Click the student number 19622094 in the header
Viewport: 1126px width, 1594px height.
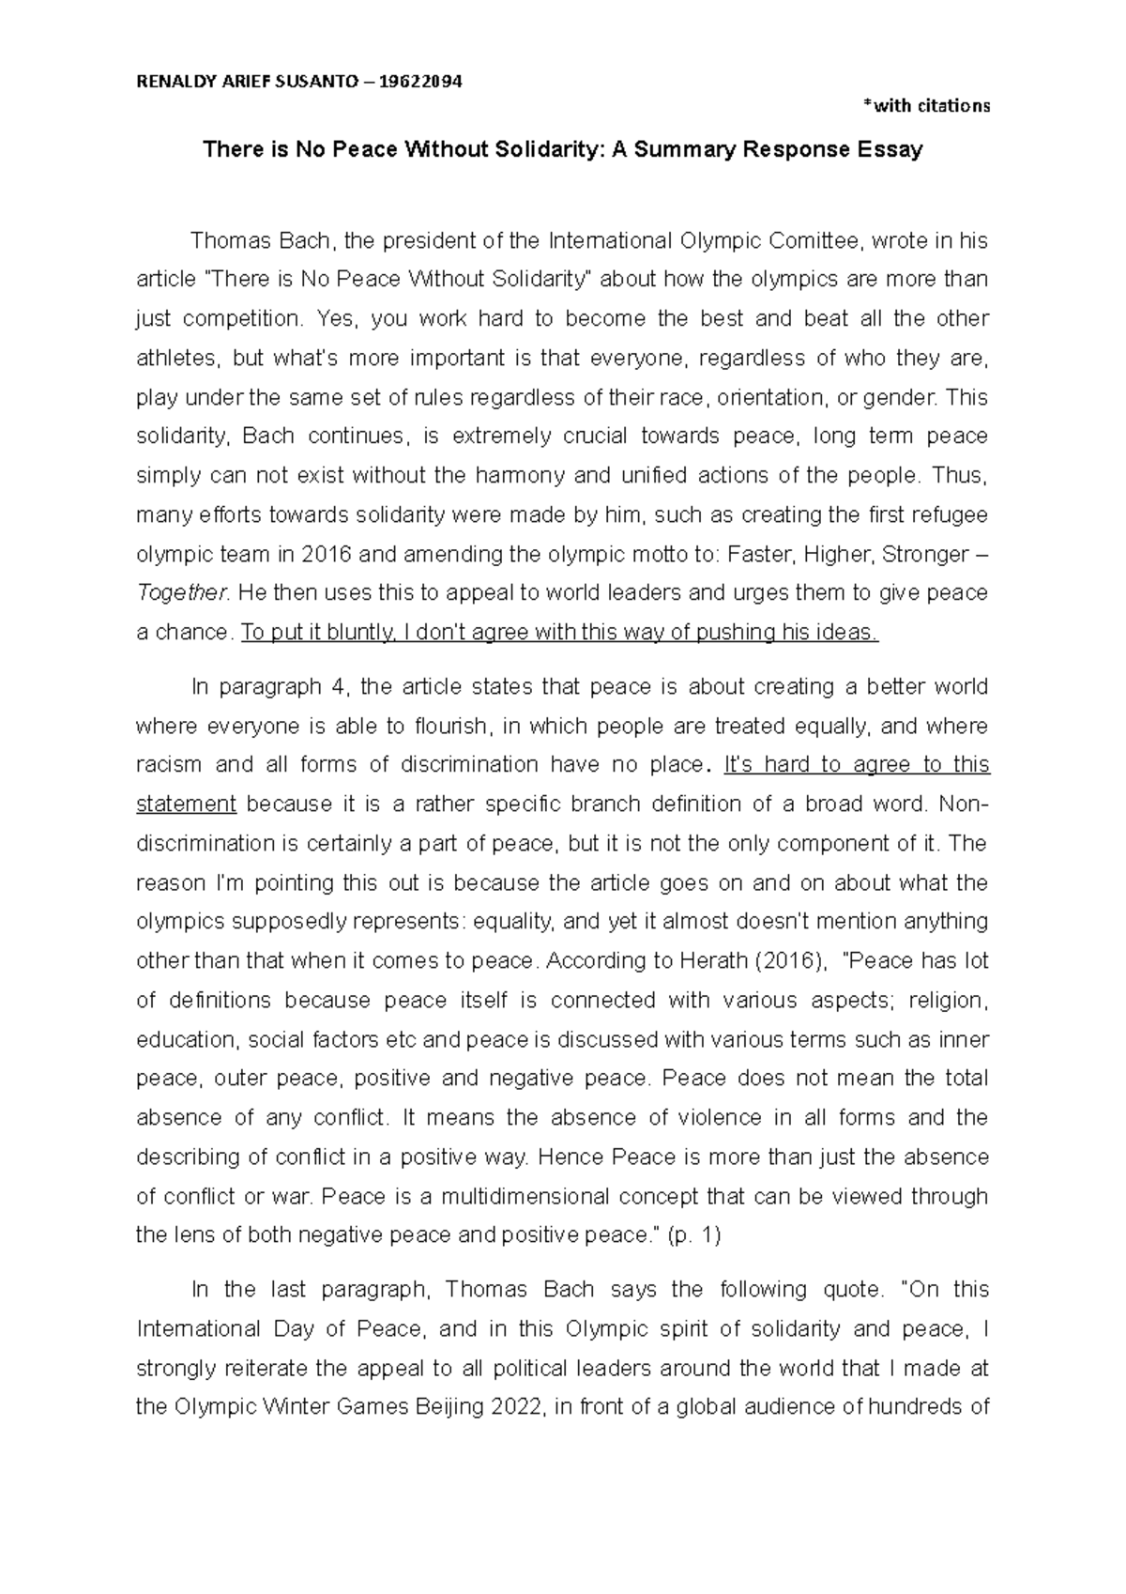(419, 82)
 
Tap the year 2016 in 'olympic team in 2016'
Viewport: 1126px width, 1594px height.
(327, 555)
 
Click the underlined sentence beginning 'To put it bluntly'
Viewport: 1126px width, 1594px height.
(559, 633)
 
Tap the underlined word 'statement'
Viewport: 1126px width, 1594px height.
(186, 805)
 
